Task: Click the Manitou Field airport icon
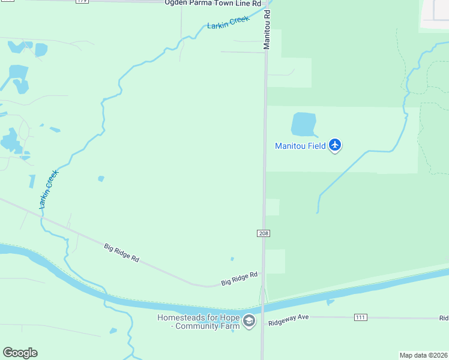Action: point(335,145)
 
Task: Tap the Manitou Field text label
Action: point(300,146)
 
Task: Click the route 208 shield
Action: point(263,233)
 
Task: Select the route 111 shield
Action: point(361,317)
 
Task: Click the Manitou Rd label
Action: point(268,29)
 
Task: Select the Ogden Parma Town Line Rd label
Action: point(214,2)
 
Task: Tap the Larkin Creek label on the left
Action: point(48,190)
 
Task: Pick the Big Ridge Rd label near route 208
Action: point(239,278)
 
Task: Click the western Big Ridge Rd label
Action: point(122,253)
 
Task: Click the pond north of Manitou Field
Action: point(303,124)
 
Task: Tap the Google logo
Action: point(20,353)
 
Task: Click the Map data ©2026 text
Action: point(424,355)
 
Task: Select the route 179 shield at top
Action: point(82,2)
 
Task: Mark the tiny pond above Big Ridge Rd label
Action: point(232,259)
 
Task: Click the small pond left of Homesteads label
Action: point(113,331)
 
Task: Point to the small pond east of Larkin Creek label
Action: point(101,178)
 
